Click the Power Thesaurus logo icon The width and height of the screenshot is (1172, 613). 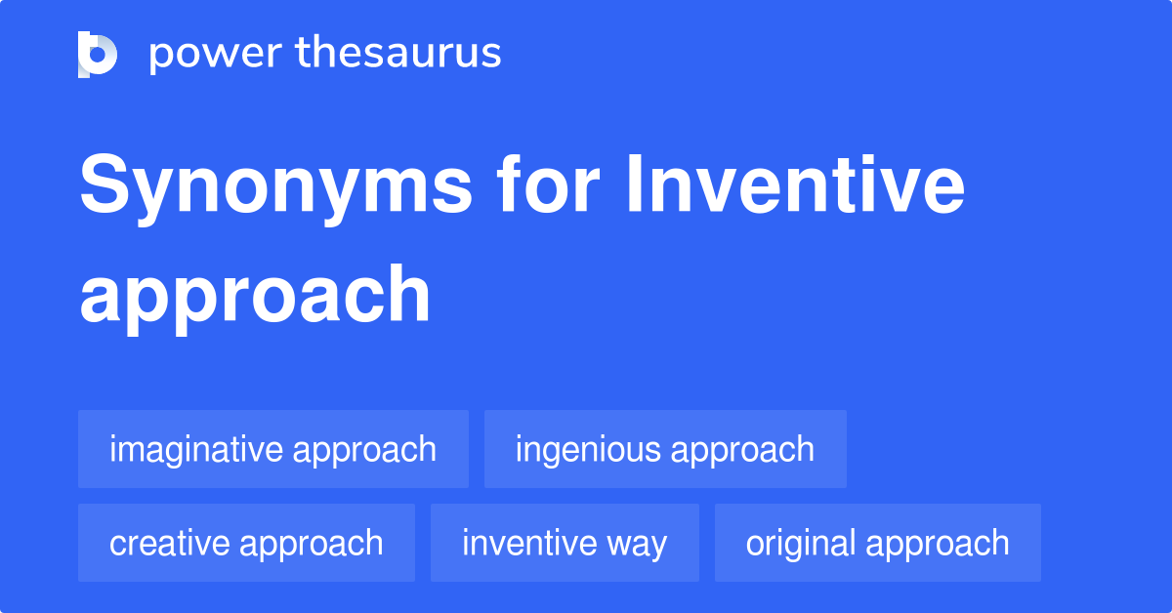(98, 54)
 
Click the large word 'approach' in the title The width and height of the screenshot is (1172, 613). (255, 296)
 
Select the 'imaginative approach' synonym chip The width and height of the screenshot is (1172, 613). (273, 449)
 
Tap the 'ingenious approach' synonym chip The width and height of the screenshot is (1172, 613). (665, 449)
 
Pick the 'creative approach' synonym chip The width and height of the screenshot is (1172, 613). (246, 543)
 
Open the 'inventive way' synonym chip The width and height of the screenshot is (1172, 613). (565, 543)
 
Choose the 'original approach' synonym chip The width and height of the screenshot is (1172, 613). (878, 543)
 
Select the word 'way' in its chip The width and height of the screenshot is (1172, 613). (636, 544)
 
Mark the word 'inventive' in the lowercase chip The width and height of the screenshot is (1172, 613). (527, 543)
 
